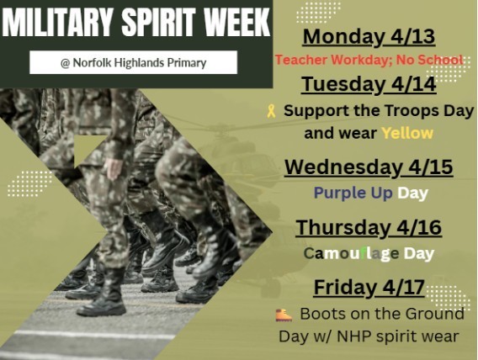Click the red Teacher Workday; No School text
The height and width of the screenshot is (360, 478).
pos(369,60)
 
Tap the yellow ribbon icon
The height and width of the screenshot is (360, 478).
pos(270,110)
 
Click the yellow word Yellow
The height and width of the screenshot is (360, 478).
pos(406,133)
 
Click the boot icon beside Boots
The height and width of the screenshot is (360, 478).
pos(284,315)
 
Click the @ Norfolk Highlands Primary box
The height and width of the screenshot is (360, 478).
pos(133,62)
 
